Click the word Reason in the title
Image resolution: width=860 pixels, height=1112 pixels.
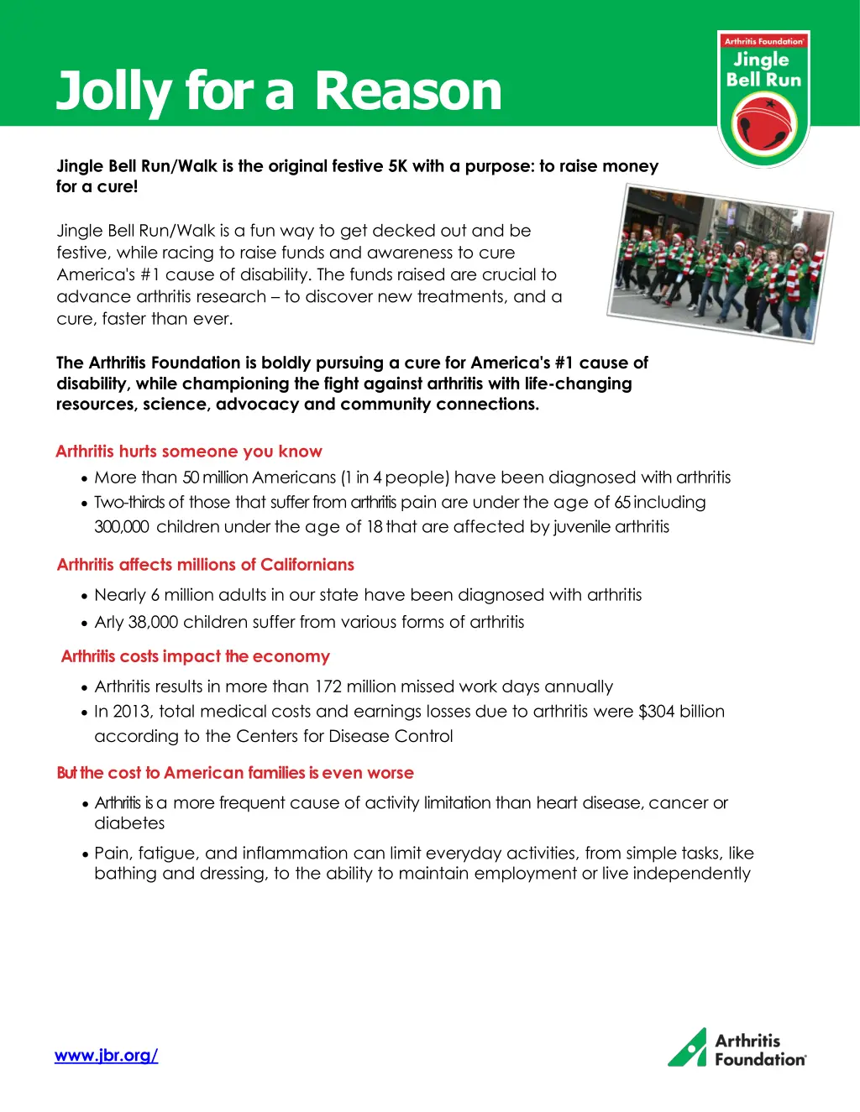(408, 91)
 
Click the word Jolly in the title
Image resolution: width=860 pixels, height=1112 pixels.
(113, 91)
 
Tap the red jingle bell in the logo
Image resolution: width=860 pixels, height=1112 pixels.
(763, 125)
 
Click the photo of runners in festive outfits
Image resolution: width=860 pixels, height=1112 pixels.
(720, 264)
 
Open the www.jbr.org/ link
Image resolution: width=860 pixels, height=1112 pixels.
(107, 1056)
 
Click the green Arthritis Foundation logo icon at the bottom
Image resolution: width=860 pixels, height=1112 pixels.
(688, 1048)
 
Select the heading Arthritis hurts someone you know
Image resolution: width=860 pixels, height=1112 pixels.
(189, 452)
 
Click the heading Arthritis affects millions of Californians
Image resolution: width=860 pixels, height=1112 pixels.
(206, 565)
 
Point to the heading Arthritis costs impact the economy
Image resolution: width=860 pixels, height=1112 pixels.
(196, 656)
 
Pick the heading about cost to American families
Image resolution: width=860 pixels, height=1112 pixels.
(235, 773)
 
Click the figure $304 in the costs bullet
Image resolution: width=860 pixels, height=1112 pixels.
(657, 712)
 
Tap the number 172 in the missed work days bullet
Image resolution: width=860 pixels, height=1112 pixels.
(328, 687)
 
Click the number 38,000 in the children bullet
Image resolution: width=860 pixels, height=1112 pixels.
(153, 622)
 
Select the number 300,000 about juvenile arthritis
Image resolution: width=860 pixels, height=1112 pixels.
(121, 527)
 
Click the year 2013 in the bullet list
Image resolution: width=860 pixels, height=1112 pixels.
(131, 712)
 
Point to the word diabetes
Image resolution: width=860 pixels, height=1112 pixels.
(129, 823)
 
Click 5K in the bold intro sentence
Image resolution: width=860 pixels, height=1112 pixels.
(397, 166)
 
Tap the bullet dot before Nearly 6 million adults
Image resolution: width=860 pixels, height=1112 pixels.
(85, 597)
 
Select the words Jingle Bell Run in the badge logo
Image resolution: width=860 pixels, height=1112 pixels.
(763, 70)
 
